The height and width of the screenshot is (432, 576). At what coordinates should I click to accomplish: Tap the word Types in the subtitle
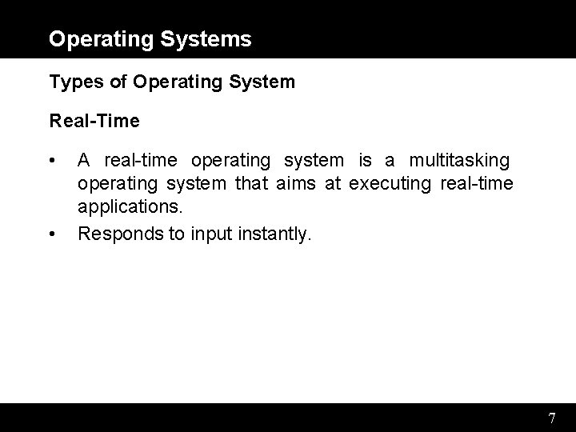pyautogui.click(x=70, y=82)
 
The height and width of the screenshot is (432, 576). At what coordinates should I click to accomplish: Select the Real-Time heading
pyautogui.click(x=94, y=122)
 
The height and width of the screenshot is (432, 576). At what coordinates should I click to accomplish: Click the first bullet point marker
pyautogui.click(x=52, y=161)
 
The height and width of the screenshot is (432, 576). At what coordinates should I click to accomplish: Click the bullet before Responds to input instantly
pyautogui.click(x=52, y=234)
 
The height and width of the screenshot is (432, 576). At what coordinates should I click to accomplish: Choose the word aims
pyautogui.click(x=297, y=185)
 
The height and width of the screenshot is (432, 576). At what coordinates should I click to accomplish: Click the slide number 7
pyautogui.click(x=552, y=418)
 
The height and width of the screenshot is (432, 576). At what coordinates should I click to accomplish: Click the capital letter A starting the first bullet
pyautogui.click(x=84, y=161)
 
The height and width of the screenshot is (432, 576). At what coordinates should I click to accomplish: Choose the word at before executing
pyautogui.click(x=333, y=185)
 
